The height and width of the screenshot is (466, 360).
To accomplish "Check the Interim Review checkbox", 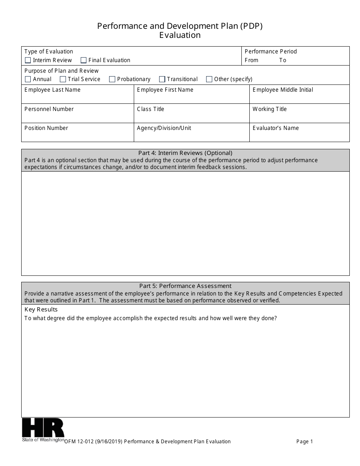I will (x=28, y=60).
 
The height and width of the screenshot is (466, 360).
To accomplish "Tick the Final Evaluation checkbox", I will (x=84, y=60).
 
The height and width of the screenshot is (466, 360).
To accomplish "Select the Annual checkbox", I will (x=28, y=79).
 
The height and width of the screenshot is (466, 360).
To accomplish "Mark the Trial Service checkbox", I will (x=63, y=79).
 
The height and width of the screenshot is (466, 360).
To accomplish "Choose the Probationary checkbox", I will (x=112, y=79).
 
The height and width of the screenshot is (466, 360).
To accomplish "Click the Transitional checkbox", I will (x=162, y=79).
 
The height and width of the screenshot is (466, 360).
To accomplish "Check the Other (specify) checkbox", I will (x=209, y=79).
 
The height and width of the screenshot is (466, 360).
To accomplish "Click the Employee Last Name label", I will (x=52, y=90).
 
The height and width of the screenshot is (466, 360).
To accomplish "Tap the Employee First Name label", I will (x=165, y=90).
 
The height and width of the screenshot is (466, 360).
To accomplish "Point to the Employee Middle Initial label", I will (x=283, y=90).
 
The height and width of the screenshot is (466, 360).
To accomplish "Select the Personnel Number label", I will (x=49, y=109).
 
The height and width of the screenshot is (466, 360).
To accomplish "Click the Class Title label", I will (x=150, y=109).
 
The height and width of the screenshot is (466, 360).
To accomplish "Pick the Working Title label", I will (x=269, y=109).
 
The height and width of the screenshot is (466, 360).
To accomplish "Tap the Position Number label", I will (x=46, y=128).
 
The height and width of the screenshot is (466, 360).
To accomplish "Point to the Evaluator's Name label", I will (x=275, y=128).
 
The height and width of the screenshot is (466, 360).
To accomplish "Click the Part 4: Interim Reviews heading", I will (x=185, y=153).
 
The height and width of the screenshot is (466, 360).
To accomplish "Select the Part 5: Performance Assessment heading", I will (x=185, y=286).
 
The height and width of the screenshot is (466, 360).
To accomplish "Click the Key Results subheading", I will (x=41, y=310).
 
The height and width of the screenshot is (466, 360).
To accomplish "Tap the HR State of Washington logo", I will (x=43, y=430).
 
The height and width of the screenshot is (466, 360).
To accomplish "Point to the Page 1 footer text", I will (x=305, y=441).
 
